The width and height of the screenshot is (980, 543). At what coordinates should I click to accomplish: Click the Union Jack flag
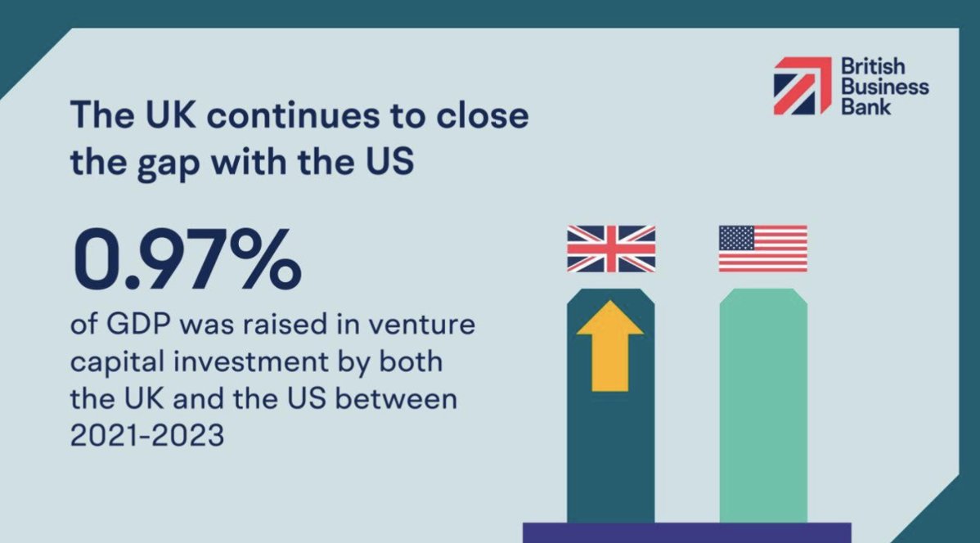tap(611, 249)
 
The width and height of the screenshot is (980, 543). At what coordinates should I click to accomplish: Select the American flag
tap(762, 249)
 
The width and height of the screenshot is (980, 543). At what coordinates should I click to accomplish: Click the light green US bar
tap(763, 409)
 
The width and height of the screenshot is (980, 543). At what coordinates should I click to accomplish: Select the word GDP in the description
tap(145, 325)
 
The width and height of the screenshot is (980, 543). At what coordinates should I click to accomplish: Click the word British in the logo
tap(870, 66)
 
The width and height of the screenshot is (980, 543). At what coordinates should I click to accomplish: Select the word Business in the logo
tap(884, 86)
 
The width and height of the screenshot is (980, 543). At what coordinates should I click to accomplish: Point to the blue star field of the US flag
tap(736, 238)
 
